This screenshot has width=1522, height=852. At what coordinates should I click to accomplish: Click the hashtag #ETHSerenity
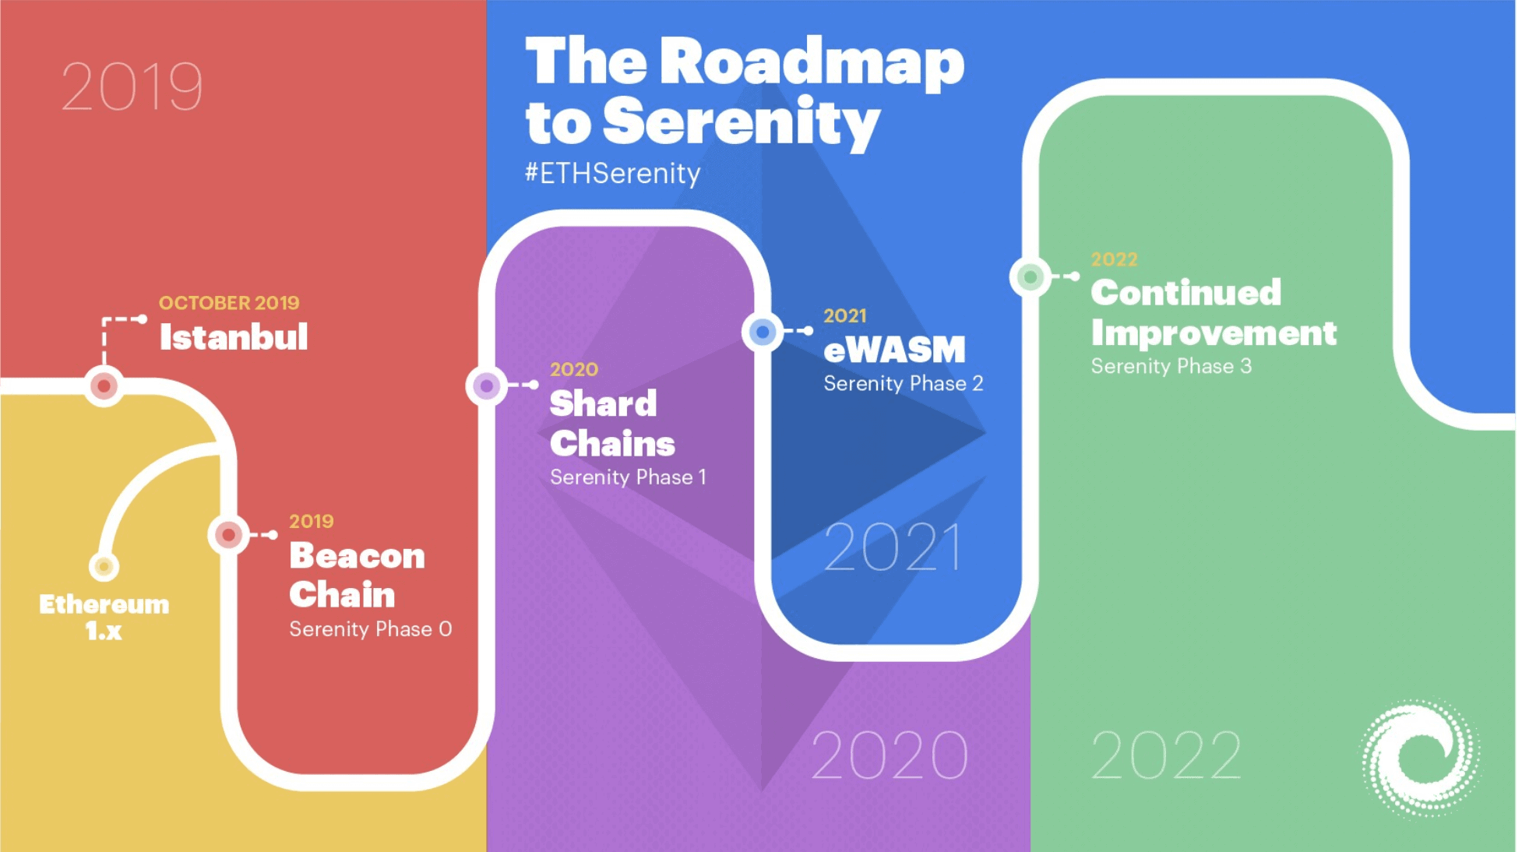click(x=612, y=173)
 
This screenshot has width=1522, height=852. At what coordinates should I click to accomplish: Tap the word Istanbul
click(x=234, y=337)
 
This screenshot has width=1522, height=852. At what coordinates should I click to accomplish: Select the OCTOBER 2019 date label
click(x=229, y=302)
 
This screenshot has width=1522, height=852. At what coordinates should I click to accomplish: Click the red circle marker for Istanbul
click(x=104, y=386)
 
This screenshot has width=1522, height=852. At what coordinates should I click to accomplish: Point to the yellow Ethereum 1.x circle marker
click(x=104, y=566)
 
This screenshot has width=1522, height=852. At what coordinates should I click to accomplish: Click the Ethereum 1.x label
click(x=104, y=617)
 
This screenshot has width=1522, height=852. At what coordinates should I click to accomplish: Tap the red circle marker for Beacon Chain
click(x=228, y=534)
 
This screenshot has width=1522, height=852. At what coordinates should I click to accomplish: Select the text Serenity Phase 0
click(x=370, y=629)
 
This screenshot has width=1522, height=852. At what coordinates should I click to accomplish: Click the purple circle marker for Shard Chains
click(x=486, y=386)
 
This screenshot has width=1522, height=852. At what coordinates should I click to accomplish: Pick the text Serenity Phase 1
click(x=628, y=477)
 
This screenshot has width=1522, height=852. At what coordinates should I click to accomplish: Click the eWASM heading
click(x=894, y=350)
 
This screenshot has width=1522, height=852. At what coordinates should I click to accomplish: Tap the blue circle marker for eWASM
click(x=763, y=332)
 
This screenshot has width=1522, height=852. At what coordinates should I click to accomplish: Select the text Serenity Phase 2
click(x=904, y=383)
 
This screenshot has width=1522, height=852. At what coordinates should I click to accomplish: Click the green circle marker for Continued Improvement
click(x=1030, y=276)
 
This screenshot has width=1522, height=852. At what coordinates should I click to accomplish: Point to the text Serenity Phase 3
click(x=1171, y=366)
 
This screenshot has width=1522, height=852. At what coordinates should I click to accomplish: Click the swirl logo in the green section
click(x=1421, y=758)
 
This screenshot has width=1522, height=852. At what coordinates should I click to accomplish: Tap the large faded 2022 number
click(x=1165, y=755)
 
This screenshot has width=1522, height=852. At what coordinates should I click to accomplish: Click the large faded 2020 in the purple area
click(x=889, y=755)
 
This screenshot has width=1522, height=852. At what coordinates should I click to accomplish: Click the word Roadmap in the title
click(x=812, y=62)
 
